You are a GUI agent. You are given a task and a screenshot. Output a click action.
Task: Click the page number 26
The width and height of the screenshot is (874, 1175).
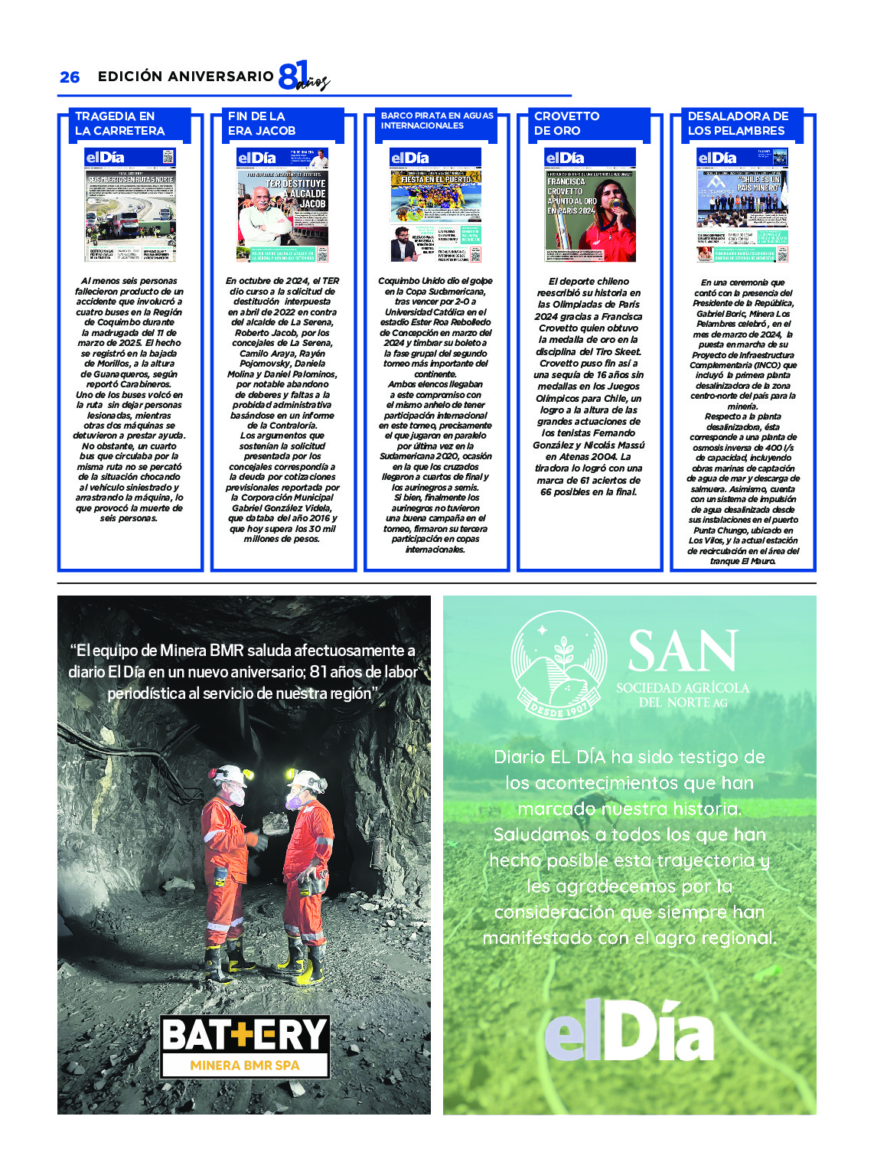70,77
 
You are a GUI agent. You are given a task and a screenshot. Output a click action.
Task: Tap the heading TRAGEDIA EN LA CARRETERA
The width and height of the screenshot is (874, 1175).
120,124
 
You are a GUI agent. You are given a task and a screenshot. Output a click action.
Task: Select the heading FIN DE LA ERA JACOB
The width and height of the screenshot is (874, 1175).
262,124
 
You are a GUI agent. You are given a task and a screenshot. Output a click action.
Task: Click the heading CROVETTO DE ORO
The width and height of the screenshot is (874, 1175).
567,124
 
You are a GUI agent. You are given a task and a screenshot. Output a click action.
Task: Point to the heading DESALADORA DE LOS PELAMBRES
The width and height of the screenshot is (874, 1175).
737,124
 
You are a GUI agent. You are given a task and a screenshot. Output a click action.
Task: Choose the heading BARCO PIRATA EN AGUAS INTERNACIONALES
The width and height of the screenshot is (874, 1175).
437,121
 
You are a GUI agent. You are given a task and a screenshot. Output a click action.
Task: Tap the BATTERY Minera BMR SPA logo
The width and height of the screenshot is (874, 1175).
245,1046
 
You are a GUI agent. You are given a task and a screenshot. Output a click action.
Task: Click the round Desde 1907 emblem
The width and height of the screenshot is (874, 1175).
559,664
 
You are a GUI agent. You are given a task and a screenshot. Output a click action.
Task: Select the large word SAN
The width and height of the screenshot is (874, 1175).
683,652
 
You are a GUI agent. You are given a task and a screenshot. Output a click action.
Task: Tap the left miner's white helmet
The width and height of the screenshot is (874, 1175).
230,775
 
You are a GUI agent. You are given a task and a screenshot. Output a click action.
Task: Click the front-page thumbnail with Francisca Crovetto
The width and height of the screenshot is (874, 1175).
590,205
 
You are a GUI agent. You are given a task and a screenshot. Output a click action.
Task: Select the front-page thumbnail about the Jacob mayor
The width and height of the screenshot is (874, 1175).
282,205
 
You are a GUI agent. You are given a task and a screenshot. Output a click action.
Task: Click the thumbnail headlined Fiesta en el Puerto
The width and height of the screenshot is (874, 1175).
436,205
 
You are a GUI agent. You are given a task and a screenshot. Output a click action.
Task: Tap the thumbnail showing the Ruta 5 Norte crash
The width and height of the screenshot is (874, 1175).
130,205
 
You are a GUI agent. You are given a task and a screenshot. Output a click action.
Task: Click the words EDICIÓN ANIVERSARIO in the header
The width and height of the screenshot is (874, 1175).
185,77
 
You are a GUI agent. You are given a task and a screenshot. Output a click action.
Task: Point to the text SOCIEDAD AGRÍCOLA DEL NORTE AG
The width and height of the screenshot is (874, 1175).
683,695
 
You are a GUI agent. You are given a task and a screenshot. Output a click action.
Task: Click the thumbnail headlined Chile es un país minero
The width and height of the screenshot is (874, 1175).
742,205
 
